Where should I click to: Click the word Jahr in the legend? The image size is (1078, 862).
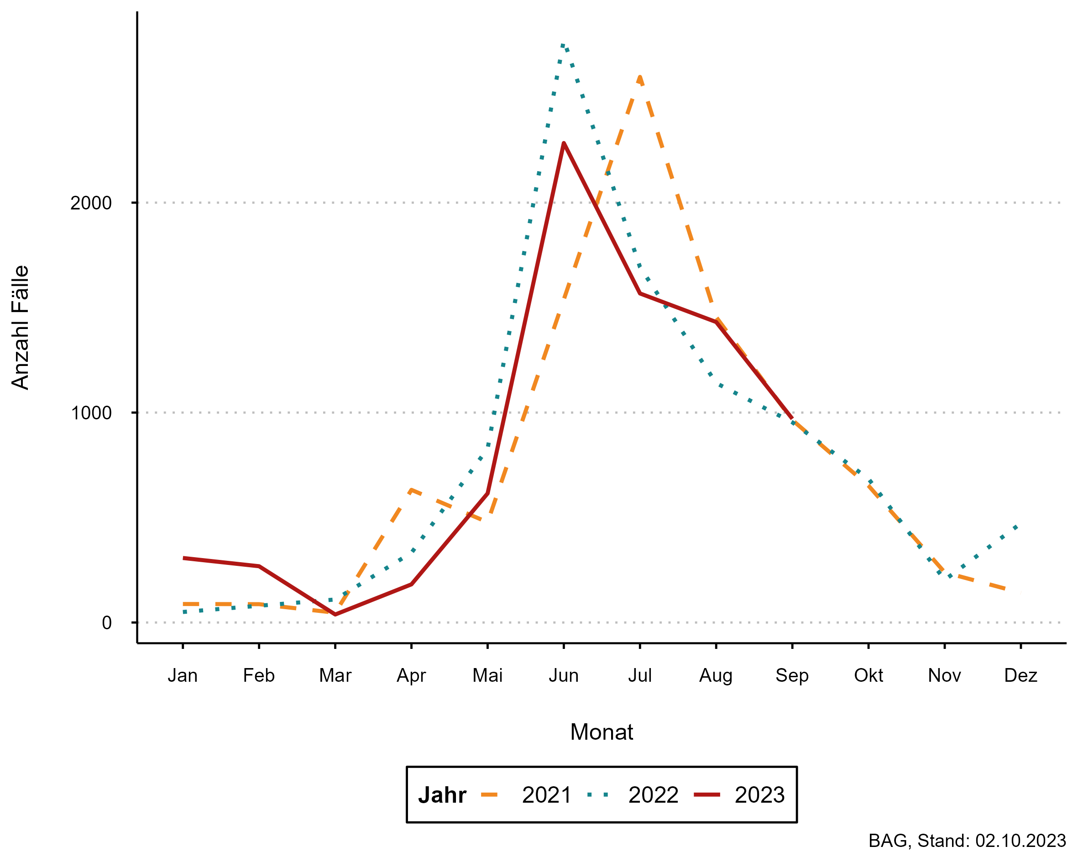442,795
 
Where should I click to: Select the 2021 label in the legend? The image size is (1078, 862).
546,795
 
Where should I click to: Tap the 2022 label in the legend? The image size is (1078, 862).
653,795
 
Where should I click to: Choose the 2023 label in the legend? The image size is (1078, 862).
759,795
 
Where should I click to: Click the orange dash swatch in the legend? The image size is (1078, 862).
489,794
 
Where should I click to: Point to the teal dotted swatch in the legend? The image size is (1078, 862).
598,794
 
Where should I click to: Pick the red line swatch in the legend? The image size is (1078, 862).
707,794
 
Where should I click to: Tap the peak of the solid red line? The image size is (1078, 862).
564,143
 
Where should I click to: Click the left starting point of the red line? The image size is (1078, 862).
184,558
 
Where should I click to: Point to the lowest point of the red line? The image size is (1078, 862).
335,615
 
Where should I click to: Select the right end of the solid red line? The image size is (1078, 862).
792,418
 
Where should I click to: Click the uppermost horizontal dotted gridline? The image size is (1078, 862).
600,203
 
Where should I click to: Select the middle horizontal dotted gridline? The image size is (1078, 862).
600,413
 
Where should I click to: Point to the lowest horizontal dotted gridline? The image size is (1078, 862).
600,622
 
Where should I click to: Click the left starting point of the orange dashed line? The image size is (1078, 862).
184,604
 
